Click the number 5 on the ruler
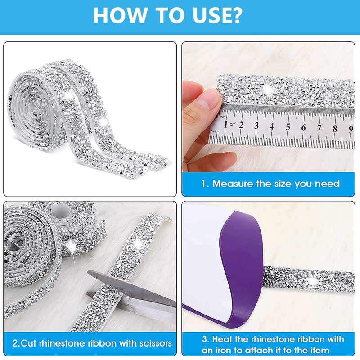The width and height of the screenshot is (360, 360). coord(288,126)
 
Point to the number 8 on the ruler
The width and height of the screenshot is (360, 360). coord(335,128)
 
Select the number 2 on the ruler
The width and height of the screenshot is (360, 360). coord(241,125)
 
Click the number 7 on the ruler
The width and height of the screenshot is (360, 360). coord(319,128)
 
